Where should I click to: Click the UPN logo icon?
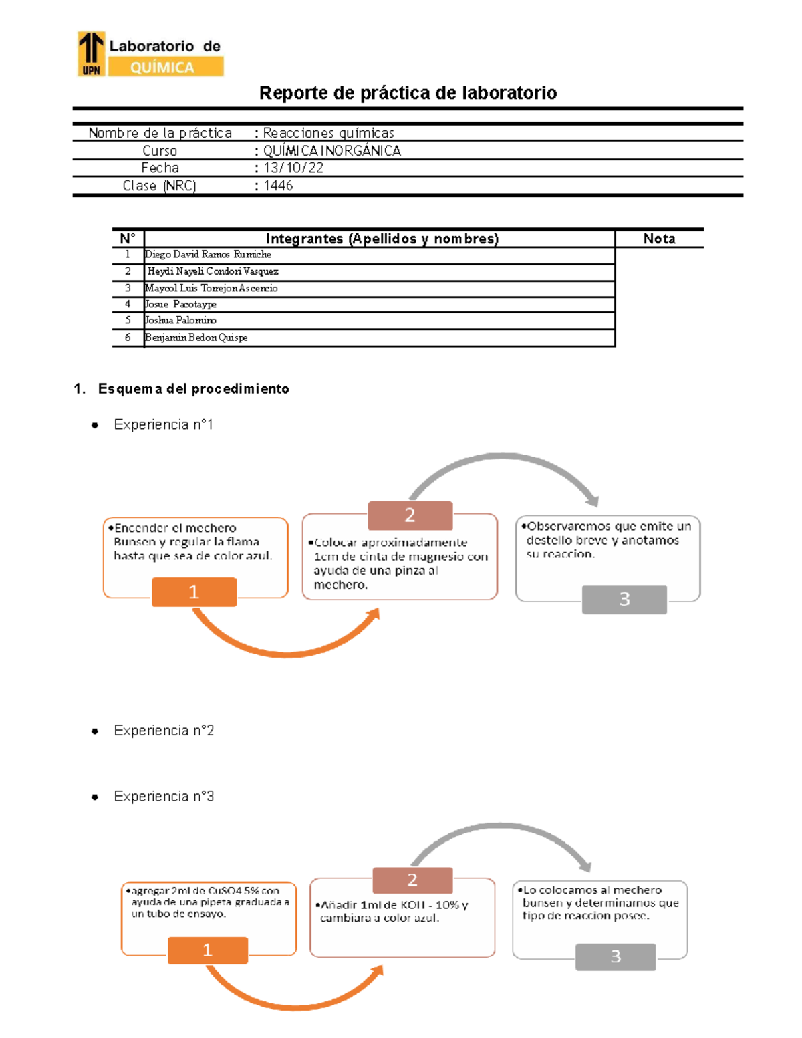pyautogui.click(x=92, y=53)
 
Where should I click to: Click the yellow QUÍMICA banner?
pyautogui.click(x=166, y=67)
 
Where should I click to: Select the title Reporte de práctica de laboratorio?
pyautogui.click(x=408, y=92)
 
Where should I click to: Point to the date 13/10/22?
pyautogui.click(x=293, y=168)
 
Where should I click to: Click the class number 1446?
pyautogui.click(x=278, y=186)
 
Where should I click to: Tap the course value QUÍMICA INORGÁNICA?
pyautogui.click(x=331, y=150)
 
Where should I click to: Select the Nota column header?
pyautogui.click(x=659, y=239)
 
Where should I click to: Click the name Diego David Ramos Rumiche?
pyautogui.click(x=208, y=255)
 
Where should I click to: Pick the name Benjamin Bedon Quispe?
pyautogui.click(x=196, y=338)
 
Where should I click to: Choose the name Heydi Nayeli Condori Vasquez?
pyautogui.click(x=213, y=271)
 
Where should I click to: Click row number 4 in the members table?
pyautogui.click(x=128, y=304)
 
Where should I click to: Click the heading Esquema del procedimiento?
pyautogui.click(x=193, y=389)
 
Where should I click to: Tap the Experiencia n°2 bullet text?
pyautogui.click(x=164, y=731)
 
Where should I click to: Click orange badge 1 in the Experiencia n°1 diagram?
pyautogui.click(x=194, y=592)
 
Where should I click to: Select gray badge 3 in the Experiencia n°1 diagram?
pyautogui.click(x=624, y=599)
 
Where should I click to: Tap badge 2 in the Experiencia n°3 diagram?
pyautogui.click(x=412, y=880)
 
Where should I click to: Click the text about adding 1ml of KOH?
pyautogui.click(x=394, y=911)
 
